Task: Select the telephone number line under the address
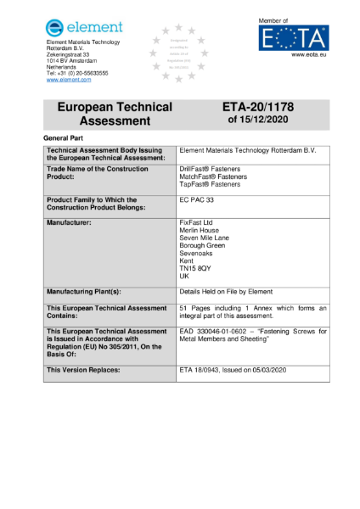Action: point(77,73)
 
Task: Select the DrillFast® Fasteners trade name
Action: point(210,169)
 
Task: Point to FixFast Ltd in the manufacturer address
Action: point(197,222)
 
